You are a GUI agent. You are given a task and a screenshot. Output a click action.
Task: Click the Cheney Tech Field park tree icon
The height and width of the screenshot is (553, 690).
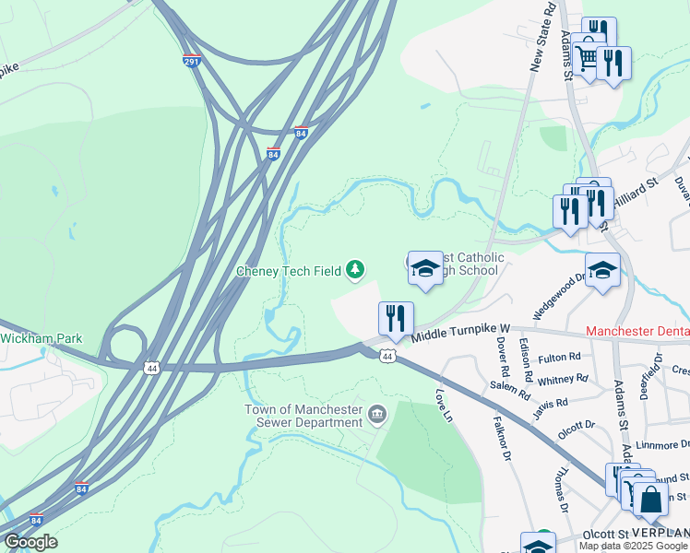(x=355, y=270)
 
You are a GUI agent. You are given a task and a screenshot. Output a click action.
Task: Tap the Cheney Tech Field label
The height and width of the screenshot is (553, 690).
(x=288, y=271)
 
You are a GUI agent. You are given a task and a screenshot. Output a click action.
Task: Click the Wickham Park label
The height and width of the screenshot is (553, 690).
(x=41, y=338)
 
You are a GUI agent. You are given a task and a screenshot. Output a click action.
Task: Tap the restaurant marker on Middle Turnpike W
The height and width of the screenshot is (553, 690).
(x=396, y=318)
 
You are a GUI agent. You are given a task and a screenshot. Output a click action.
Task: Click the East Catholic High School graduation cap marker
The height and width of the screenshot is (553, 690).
(x=425, y=268)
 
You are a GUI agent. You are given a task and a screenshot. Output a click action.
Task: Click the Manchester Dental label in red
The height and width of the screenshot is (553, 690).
(x=637, y=330)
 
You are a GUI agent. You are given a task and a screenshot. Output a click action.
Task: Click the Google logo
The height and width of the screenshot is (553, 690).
(x=30, y=542)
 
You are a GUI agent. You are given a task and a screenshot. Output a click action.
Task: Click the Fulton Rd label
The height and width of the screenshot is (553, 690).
(x=560, y=357)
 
